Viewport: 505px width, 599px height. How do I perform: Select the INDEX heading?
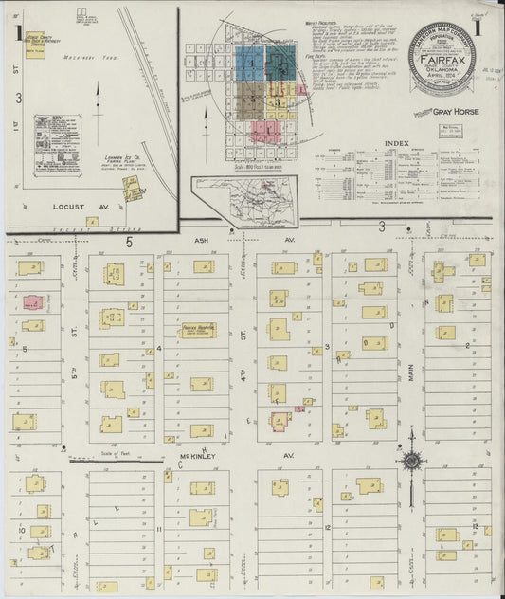pyautogui.click(x=397, y=143)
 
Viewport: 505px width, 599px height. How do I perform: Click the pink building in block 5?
pyautogui.click(x=31, y=303)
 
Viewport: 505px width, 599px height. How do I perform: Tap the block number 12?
pyautogui.click(x=326, y=526)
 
